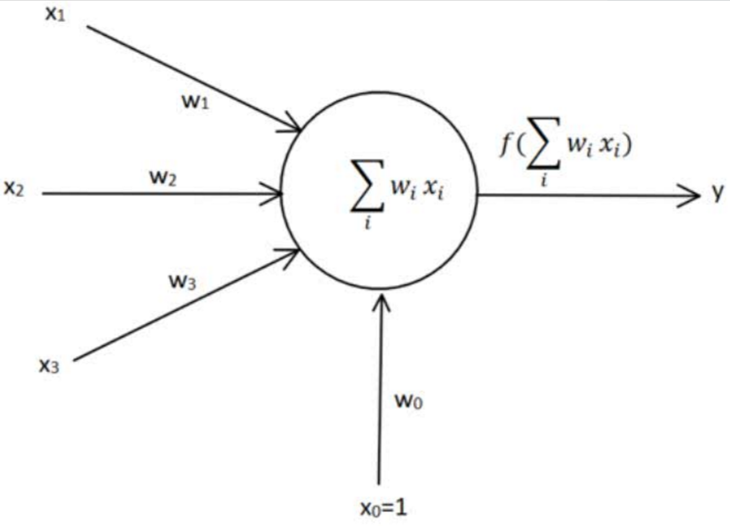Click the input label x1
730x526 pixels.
click(55, 14)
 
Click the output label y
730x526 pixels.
click(717, 195)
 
